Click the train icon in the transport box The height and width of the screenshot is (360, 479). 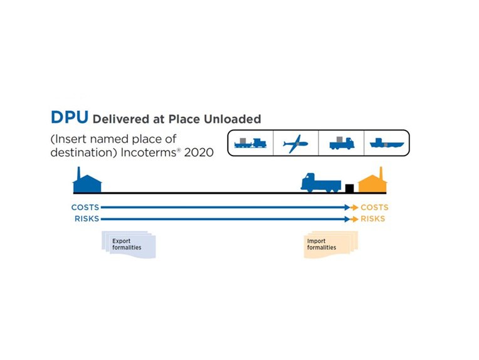click(250, 143)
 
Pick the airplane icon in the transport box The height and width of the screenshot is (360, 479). click(295, 143)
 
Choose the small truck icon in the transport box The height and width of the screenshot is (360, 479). click(342, 143)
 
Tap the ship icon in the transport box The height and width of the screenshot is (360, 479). click(385, 143)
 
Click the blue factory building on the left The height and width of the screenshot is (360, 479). click(87, 183)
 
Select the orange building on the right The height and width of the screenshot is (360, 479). click(372, 183)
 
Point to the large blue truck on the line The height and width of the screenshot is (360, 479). click(320, 183)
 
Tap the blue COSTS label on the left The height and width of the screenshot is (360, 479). click(85, 207)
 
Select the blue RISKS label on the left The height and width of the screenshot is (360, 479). click(87, 219)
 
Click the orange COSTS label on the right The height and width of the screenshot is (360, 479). click(374, 207)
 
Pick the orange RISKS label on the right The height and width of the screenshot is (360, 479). click(373, 219)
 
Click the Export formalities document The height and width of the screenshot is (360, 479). click(128, 245)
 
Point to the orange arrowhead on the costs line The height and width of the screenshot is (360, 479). click(355, 207)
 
